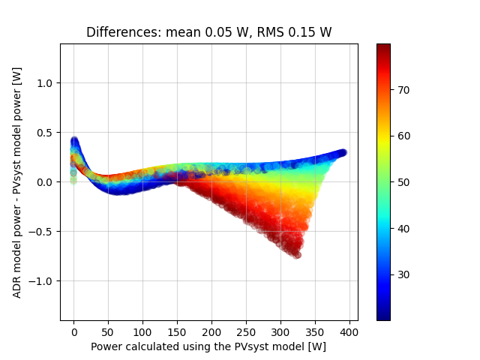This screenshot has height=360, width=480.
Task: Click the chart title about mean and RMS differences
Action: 208,32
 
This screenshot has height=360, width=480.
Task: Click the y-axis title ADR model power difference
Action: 17,181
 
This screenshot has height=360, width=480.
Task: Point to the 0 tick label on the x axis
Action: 73,331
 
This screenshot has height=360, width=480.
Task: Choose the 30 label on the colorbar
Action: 403,274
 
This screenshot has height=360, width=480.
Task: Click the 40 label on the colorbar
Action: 403,228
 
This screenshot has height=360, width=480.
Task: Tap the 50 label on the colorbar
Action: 403,182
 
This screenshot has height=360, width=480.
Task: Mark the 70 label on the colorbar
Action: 403,90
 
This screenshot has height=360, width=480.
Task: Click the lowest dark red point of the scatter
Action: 297,255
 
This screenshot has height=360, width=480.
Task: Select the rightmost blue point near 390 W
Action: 343,152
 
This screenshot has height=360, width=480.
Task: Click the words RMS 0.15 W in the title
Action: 295,32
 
